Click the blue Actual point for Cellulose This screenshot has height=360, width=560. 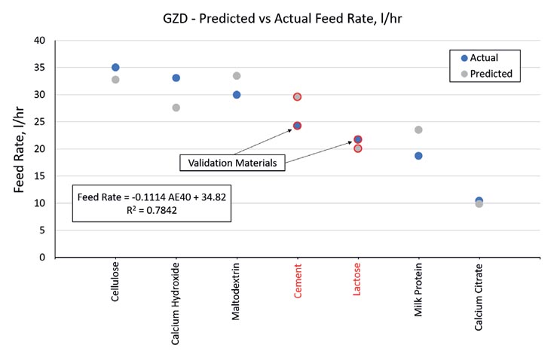(x=115, y=68)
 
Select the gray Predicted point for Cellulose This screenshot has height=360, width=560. (x=115, y=80)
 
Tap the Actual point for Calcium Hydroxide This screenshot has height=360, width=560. (x=176, y=78)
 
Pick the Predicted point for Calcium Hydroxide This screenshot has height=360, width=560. (x=176, y=108)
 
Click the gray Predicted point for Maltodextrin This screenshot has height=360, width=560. (x=237, y=76)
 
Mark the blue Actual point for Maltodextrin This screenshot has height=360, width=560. (x=237, y=95)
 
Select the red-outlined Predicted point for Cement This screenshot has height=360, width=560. (x=297, y=97)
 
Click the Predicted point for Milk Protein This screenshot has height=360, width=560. (x=418, y=130)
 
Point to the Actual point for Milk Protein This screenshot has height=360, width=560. (x=418, y=156)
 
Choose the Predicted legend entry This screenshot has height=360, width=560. (x=485, y=74)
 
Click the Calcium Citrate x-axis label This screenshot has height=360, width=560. (x=479, y=297)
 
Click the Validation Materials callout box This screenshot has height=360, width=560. (x=233, y=163)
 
